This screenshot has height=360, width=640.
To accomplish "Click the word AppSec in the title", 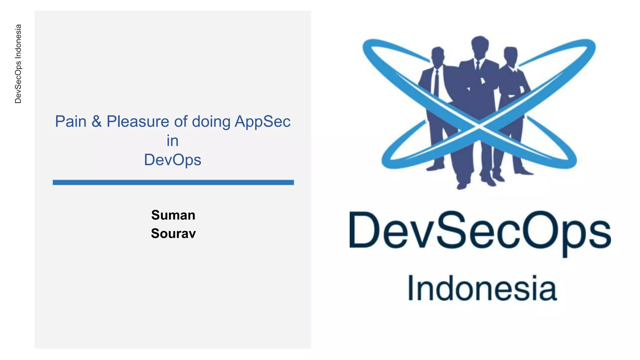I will coord(262,122).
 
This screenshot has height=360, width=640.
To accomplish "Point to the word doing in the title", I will coord(211,122).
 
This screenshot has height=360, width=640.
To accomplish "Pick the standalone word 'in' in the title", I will coord(172,141).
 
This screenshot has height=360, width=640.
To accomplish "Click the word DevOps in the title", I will coord(172,160).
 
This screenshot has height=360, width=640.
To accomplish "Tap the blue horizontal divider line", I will coord(173,182).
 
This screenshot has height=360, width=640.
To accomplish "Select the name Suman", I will coord(173,215).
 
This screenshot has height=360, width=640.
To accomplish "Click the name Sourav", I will coord(173,233).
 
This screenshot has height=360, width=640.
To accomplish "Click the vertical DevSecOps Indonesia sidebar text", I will coord(18,64).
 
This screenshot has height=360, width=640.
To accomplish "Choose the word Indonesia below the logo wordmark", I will coord(482,288).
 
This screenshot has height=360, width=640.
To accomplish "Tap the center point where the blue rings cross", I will coord(479,126).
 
